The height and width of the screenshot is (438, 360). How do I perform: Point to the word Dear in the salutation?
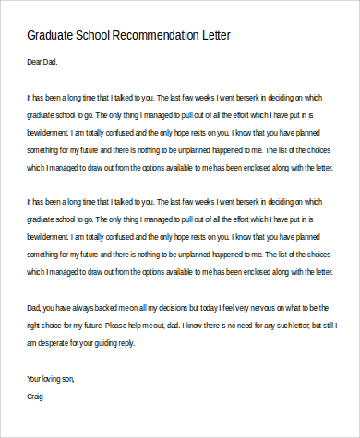[x=36, y=64]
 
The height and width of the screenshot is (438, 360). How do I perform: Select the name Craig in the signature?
[x=36, y=396]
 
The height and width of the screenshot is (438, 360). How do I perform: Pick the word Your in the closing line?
[x=36, y=379]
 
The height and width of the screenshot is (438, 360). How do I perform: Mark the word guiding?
[x=121, y=341]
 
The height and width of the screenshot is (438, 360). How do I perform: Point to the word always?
[x=87, y=306]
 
